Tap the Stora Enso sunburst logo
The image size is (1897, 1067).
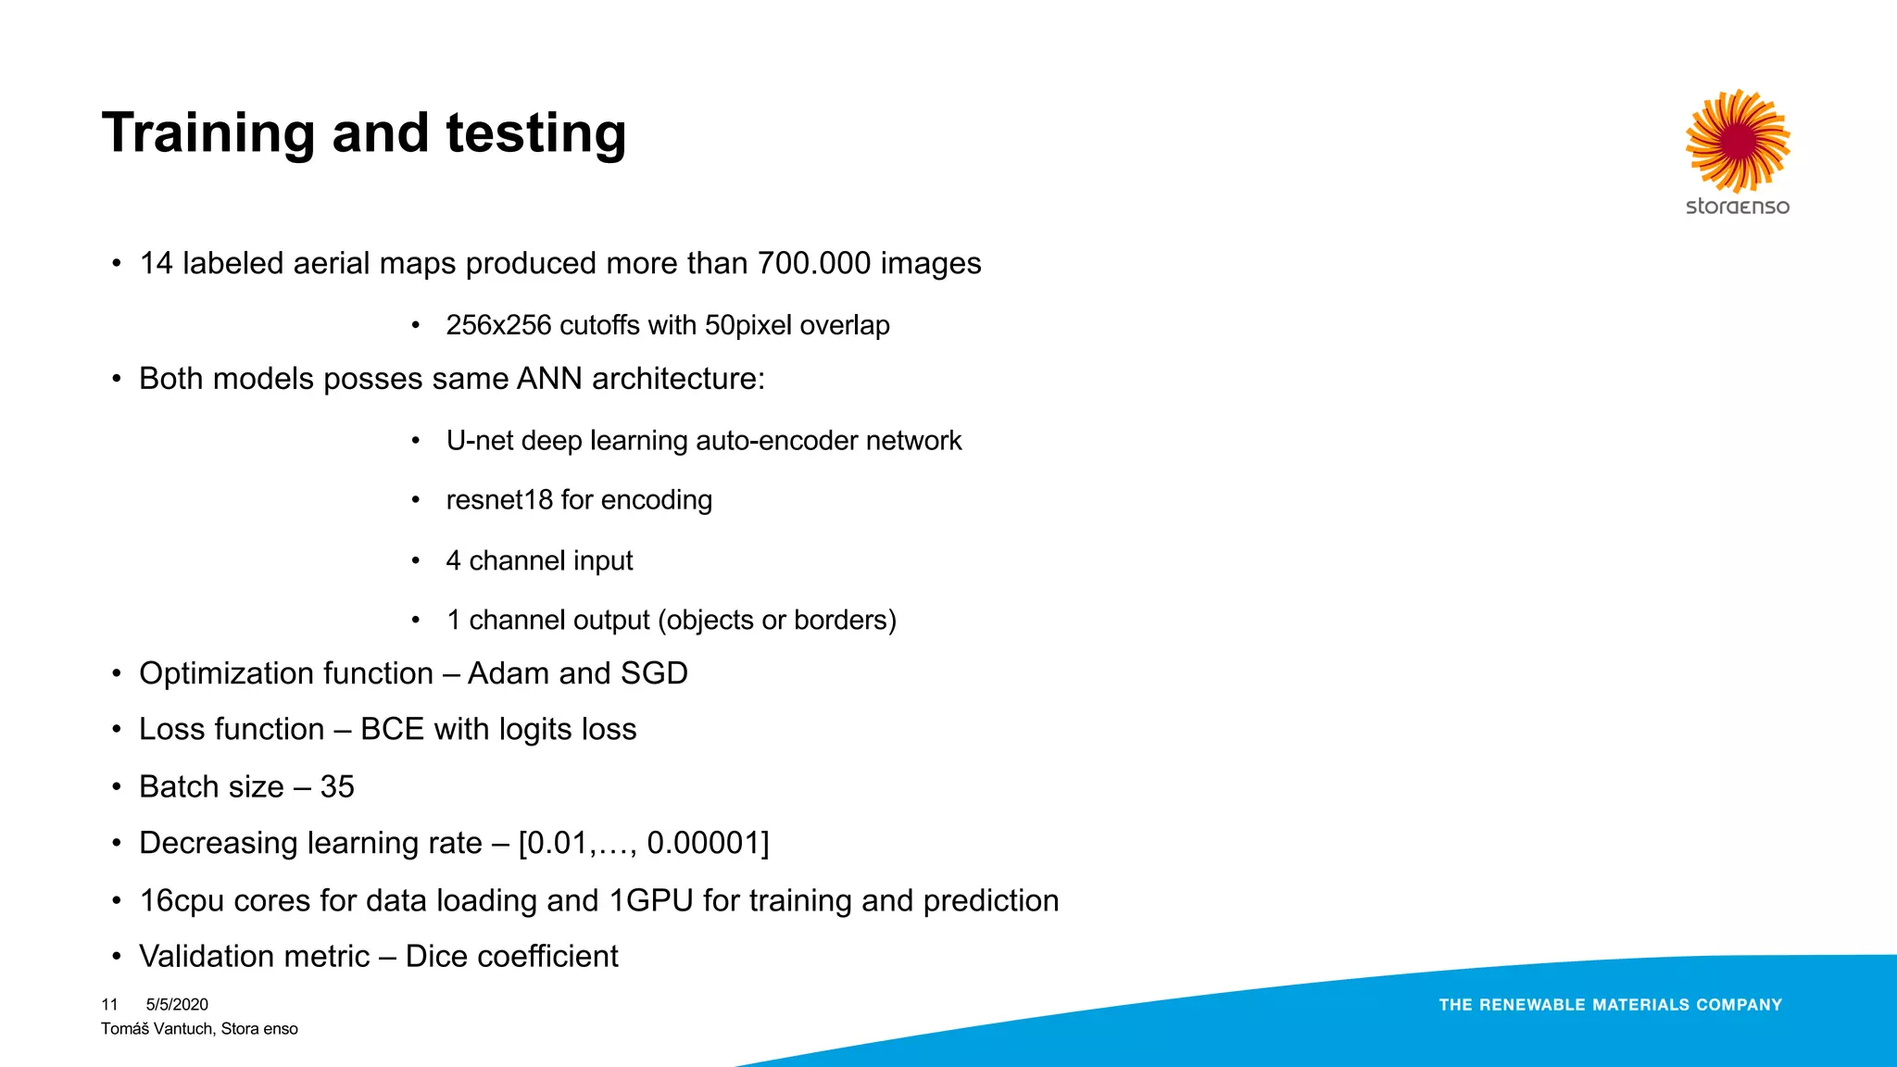coord(1738,141)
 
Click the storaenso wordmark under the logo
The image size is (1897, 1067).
coord(1738,207)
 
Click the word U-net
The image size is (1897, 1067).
coord(479,441)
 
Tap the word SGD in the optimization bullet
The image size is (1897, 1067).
coord(654,673)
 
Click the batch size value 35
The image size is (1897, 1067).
coord(337,787)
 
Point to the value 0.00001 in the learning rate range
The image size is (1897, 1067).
coord(703,844)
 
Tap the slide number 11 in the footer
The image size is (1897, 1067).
coord(109,1005)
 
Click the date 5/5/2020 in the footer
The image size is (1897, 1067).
coord(177,1005)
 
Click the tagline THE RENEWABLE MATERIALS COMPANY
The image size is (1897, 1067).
coord(1610,1005)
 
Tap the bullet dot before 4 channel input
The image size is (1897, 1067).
coord(416,561)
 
